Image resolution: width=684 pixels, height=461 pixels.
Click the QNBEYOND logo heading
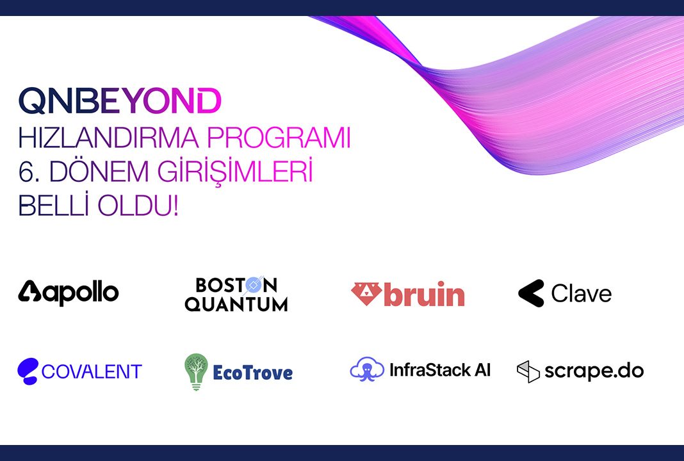point(120,101)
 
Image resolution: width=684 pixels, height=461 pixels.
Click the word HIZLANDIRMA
point(109,138)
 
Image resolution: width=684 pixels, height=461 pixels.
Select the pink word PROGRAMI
point(279,138)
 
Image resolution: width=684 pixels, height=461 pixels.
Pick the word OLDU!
point(138,206)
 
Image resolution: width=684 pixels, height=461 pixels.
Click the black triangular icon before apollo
point(29,291)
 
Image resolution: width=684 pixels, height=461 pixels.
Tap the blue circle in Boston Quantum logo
point(254,285)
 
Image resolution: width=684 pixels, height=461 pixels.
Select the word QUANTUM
point(236,304)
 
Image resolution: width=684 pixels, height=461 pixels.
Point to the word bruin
point(425,293)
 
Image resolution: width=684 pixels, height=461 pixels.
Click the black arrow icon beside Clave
point(531,293)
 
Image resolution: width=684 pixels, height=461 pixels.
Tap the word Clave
point(581,293)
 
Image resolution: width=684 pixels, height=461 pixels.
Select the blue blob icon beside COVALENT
point(28,371)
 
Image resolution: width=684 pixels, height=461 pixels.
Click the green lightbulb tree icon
point(196,371)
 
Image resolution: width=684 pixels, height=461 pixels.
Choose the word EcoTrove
point(252,373)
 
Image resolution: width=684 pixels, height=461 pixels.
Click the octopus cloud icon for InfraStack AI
point(368,369)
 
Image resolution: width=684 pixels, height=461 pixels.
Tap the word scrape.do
point(594,371)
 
